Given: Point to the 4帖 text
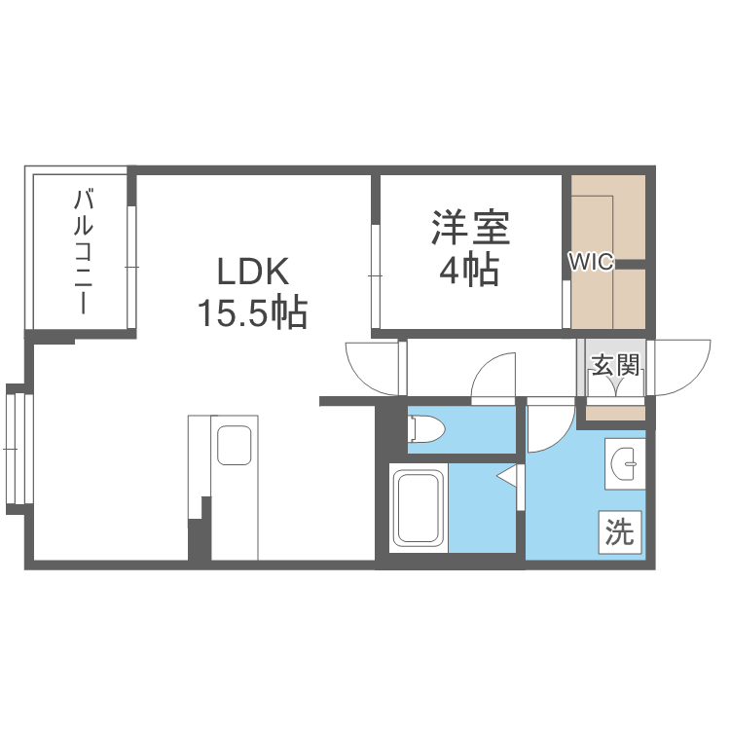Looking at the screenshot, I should [x=470, y=270].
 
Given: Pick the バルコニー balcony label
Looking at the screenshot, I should [x=83, y=251].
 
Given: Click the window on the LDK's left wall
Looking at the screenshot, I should [x=14, y=447].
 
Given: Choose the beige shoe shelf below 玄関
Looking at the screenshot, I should [x=614, y=413].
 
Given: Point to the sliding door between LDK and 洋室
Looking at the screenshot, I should [x=376, y=276].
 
